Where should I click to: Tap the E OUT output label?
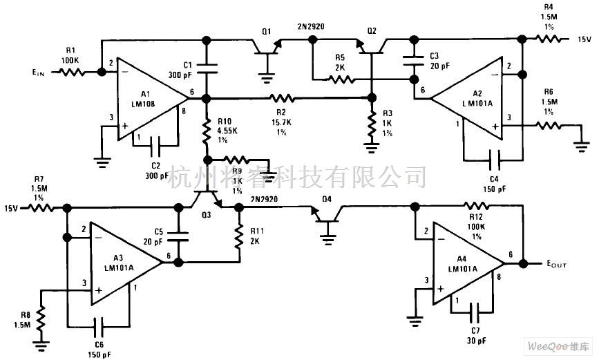coord(560,263)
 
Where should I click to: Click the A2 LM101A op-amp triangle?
coord(470,100)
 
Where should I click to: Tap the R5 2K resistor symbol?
coord(340,79)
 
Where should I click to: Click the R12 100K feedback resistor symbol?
coord(476,205)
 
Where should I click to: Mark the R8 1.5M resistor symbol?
coord(41,319)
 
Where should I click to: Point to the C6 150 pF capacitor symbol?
coord(98,323)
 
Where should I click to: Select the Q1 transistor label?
coord(267,31)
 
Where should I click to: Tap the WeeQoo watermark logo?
coord(556,345)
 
